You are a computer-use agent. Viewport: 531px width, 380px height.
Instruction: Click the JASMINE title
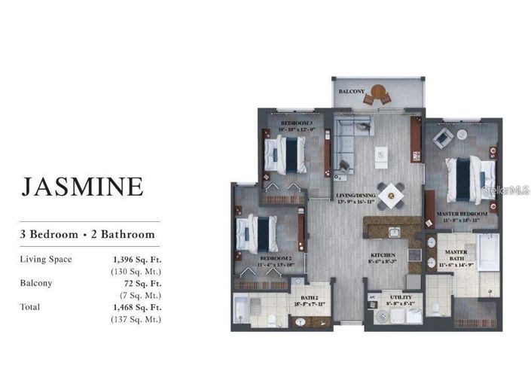point(82,185)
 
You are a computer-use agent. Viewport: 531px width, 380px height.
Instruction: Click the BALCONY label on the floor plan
point(351,91)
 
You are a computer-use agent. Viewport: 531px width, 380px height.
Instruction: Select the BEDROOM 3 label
point(296,122)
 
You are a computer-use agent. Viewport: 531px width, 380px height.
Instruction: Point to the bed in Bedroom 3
point(285,155)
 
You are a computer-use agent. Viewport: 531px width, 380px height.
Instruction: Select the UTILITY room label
point(400,298)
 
